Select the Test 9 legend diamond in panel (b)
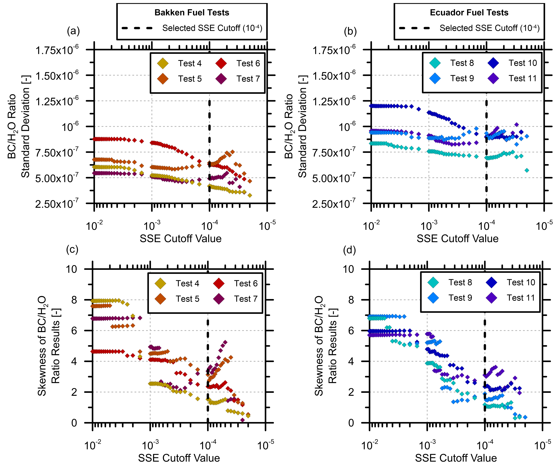pos(435,78)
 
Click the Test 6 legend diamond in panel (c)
pos(219,283)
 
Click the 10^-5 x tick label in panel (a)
pos(267,226)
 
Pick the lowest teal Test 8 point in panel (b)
pos(527,170)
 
